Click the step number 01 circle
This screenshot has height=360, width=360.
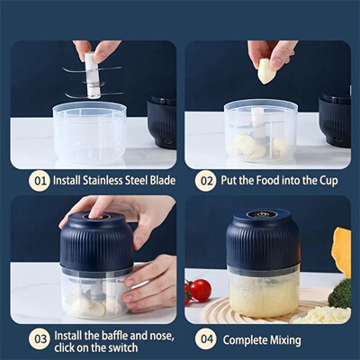[39, 181]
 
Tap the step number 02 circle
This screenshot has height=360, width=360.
[206, 181]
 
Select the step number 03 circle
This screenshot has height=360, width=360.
[39, 338]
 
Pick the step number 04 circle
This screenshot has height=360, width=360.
[206, 338]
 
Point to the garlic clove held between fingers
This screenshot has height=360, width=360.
[267, 71]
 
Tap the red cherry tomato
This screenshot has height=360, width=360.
[200, 290]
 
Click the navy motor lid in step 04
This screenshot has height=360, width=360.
[262, 238]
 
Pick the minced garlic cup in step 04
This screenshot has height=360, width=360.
[262, 292]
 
